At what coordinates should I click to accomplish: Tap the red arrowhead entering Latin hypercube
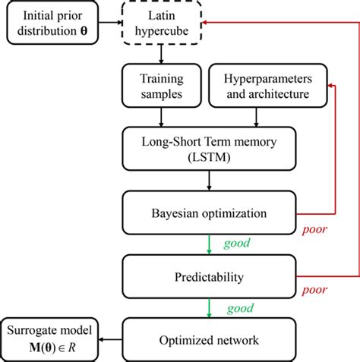207,24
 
